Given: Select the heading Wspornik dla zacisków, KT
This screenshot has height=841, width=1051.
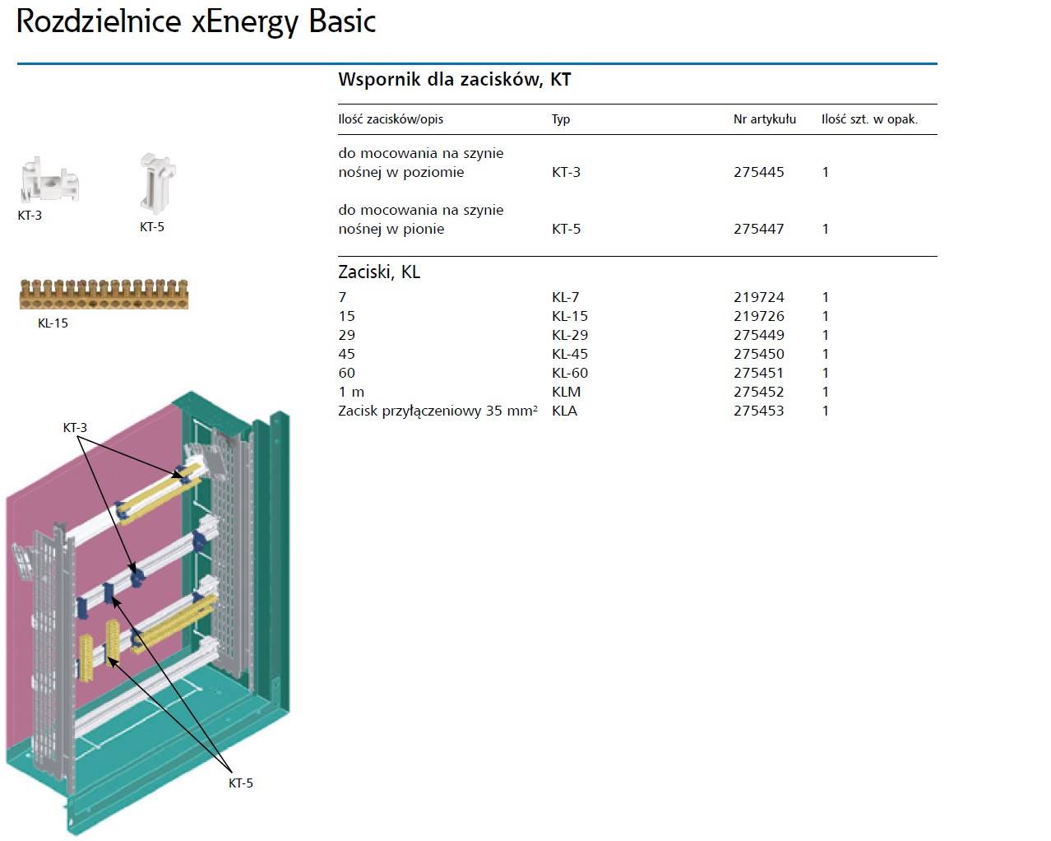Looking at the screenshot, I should pos(454,80).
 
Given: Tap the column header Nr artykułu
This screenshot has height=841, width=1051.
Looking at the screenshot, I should pos(764,119).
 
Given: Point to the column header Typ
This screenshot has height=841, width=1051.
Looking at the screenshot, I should pos(561,119).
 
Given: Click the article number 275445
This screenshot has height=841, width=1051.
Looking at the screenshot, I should pos(758,172).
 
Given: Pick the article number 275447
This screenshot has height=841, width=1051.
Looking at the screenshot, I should pos(758,229).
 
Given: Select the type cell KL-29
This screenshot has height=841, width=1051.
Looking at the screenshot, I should pos(570,335).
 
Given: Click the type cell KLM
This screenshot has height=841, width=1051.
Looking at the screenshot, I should pos(566,392).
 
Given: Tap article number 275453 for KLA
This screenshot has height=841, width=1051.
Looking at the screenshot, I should pos(758,411).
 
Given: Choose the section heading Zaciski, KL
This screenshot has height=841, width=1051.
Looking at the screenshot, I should pos(379,272).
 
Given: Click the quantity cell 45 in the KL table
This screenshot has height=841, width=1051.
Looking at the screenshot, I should pos(347,354).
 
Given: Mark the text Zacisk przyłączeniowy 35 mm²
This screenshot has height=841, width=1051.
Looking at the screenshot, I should pos(438,411).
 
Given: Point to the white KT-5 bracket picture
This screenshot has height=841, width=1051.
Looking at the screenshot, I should pos(157,183).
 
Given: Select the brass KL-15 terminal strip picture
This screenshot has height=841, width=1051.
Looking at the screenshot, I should pos(104,295).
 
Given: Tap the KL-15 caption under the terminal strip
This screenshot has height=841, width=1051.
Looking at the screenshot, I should pos(53,323).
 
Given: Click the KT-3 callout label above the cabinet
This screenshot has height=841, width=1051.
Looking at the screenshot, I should pos(75,428).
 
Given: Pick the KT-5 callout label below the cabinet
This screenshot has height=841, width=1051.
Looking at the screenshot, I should pos(240,783).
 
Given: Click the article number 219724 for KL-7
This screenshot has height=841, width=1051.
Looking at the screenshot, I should pos(758,297).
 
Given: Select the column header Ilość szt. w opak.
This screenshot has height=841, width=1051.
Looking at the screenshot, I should pos(869,119).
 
